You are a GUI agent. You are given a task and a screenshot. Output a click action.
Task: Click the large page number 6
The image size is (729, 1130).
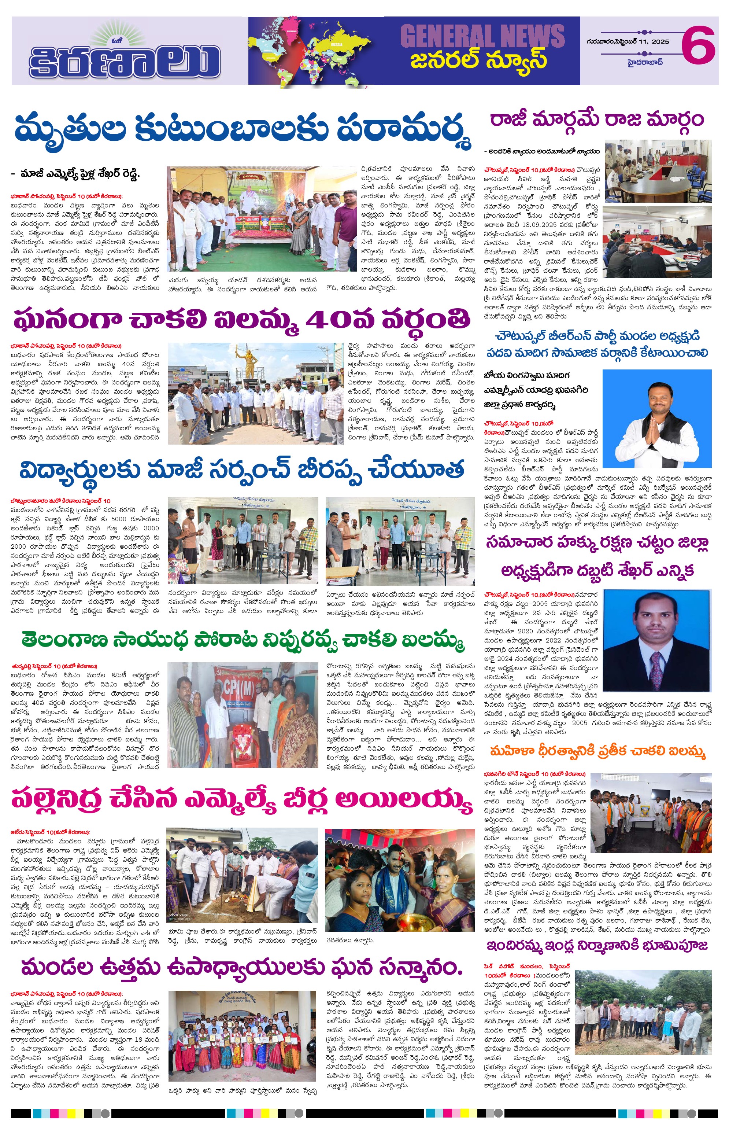698,45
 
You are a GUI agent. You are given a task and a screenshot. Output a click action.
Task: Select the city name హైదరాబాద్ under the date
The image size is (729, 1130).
645,62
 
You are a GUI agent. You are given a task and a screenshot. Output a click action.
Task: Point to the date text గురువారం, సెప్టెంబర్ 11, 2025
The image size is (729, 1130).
628,42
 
